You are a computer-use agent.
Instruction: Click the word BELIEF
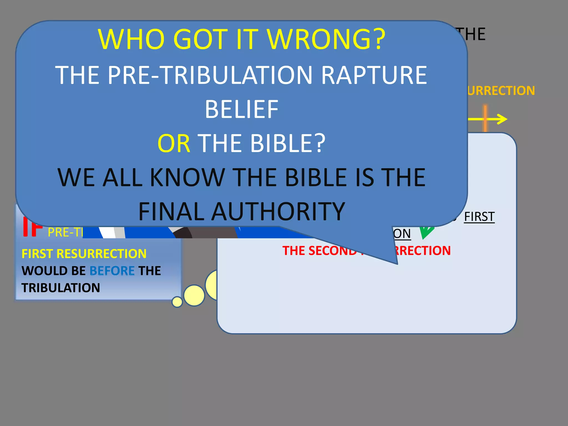tap(241, 110)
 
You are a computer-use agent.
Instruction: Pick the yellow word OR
tap(174, 143)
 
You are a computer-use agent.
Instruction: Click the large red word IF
tap(32, 228)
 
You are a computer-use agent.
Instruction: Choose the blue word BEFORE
tap(112, 271)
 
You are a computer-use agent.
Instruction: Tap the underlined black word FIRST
tap(479, 217)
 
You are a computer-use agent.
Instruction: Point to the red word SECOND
tap(333, 251)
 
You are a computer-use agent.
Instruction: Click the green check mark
tap(426, 232)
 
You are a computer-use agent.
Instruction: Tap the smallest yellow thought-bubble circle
tap(177, 302)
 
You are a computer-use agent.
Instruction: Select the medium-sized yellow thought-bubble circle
tap(194, 295)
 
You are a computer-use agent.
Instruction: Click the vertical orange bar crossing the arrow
tap(485, 118)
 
